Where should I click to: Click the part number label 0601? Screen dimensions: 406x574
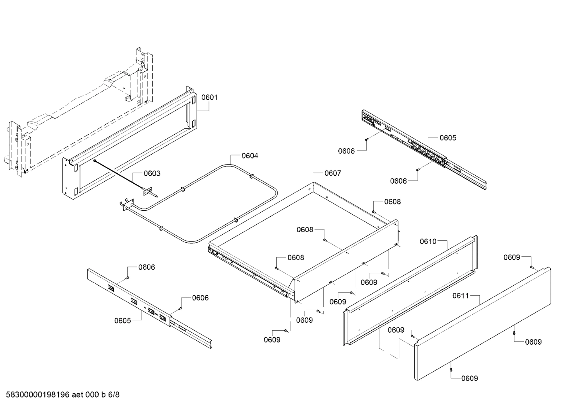(209, 97)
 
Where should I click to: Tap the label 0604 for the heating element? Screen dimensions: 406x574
(250, 156)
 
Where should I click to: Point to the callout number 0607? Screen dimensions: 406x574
(333, 173)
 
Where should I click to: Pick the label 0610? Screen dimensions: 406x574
(428, 241)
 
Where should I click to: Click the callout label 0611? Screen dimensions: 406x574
(461, 296)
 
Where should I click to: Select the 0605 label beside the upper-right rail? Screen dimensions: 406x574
(448, 138)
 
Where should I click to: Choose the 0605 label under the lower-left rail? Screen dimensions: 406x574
(123, 321)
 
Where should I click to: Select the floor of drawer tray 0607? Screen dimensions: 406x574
(303, 227)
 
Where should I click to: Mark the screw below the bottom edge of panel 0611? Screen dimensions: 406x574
(451, 369)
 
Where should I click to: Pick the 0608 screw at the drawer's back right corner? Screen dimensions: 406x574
(374, 212)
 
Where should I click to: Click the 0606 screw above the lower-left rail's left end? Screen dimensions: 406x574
(127, 277)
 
